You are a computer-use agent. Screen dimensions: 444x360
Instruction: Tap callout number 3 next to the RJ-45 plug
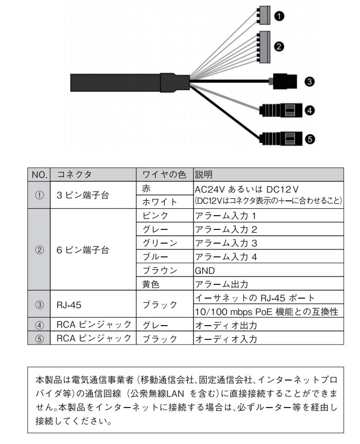pos(310,81)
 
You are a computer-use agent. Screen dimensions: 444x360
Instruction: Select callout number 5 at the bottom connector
pos(310,139)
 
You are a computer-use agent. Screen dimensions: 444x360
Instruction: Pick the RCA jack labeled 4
pos(280,110)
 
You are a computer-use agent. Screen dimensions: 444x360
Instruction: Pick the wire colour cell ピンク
pos(156,216)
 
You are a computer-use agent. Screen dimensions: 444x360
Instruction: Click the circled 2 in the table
pos(39,249)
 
